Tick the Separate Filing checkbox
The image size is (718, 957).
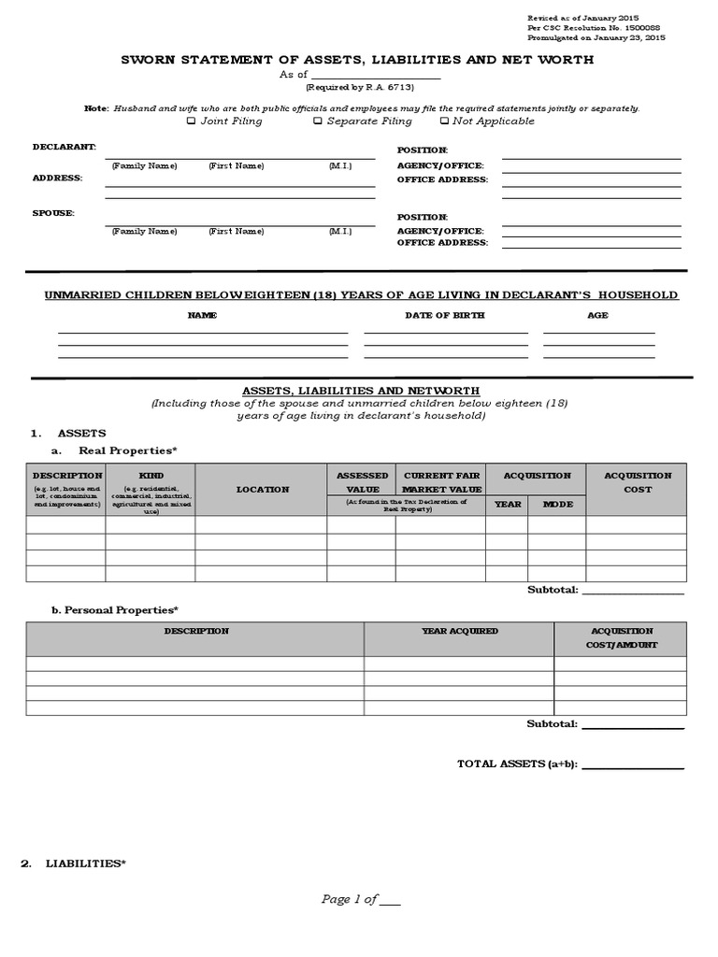click(318, 121)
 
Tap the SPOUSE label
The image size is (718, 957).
click(53, 213)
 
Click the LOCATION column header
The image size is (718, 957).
click(262, 489)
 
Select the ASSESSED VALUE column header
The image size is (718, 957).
click(361, 482)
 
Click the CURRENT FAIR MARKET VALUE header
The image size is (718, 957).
click(441, 482)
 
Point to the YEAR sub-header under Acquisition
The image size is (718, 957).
click(507, 504)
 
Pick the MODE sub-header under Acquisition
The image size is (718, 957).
click(557, 504)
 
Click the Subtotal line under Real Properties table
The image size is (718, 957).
click(633, 592)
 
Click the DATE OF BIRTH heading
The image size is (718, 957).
click(444, 315)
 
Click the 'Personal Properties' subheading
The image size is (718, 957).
click(114, 610)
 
